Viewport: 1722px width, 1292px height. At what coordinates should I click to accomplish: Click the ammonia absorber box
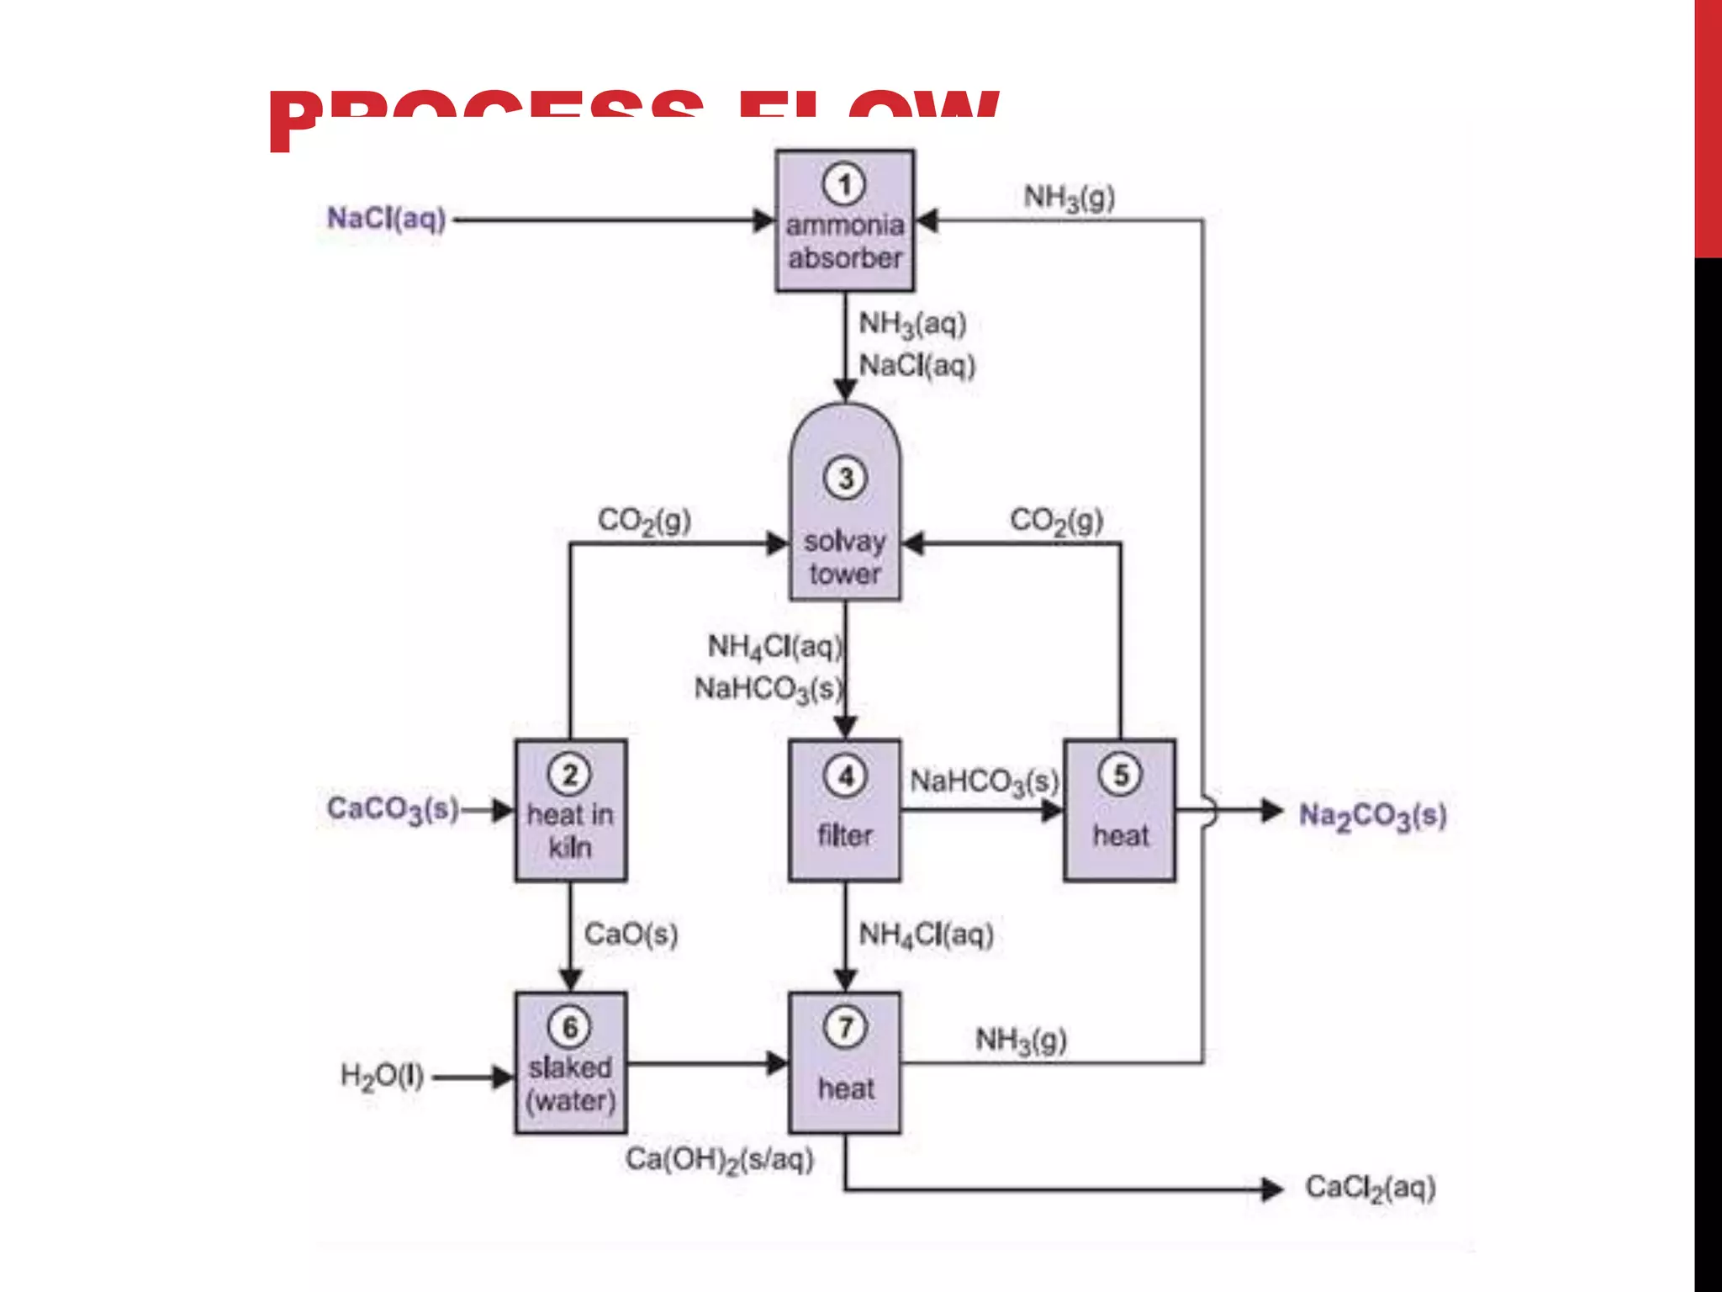point(844,221)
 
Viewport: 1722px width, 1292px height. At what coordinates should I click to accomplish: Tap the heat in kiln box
point(570,811)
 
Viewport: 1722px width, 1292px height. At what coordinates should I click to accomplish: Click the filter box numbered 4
point(844,811)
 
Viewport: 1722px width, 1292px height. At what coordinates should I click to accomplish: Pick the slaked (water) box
point(570,1064)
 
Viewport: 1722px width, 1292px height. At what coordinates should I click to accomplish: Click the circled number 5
point(1120,775)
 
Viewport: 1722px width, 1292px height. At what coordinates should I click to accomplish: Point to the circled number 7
point(845,1027)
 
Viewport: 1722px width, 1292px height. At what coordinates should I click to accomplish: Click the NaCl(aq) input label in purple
point(386,219)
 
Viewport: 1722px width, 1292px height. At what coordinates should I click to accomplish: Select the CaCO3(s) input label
point(393,810)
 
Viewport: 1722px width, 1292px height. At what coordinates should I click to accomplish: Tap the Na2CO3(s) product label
point(1372,816)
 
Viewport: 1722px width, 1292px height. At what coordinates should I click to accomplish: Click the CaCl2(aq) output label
point(1370,1189)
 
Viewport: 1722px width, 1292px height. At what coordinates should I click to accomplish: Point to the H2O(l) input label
point(382,1076)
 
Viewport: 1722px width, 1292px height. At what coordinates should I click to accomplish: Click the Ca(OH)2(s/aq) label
point(720,1161)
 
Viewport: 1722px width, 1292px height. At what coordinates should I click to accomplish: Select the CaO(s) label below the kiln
point(631,934)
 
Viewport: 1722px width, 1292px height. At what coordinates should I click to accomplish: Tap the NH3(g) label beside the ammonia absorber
point(1069,199)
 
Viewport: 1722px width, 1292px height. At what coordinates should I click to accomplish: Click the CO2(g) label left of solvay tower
point(644,521)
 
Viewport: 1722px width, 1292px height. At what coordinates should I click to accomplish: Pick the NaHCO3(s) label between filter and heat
point(984,782)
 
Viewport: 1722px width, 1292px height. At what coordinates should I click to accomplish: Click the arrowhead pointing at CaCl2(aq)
point(1272,1189)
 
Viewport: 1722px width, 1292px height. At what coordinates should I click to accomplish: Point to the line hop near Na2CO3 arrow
point(1207,812)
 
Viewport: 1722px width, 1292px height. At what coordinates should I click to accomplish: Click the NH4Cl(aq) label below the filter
point(926,935)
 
